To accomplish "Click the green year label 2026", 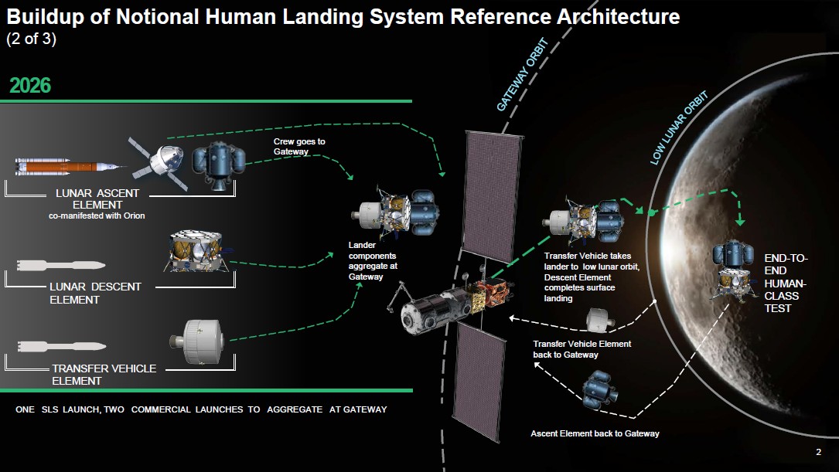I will click(30, 85).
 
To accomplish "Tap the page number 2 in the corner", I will click(818, 452).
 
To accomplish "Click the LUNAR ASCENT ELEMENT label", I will click(97, 199).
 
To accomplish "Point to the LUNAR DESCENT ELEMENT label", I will click(94, 293).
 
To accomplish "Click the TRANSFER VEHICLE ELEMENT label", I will click(104, 375).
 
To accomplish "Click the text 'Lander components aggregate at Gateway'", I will click(373, 260).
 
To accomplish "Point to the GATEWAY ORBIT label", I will click(522, 74).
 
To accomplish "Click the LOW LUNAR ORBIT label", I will click(679, 128).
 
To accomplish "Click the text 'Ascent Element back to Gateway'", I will click(595, 433).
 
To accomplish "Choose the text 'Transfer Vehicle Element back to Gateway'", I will click(582, 349).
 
